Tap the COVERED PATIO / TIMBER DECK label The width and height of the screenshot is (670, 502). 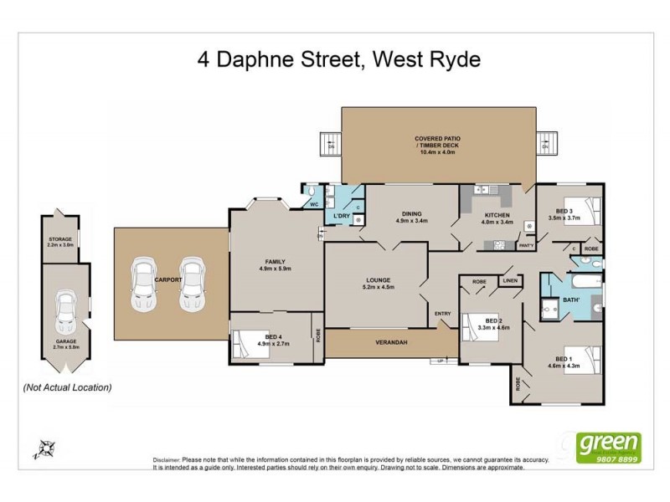438,145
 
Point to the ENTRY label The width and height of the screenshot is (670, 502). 443,314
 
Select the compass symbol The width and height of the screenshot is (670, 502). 44,448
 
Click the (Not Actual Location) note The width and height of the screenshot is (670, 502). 67,387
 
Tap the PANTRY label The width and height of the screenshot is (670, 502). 526,246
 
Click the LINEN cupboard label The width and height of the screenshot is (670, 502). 510,281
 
